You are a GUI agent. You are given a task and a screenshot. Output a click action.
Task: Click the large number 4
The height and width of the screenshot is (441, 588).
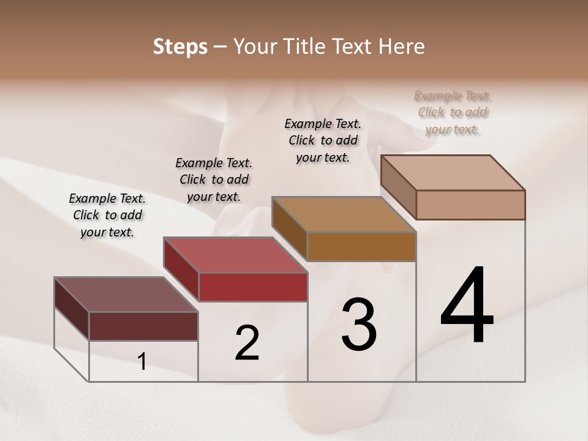pos(467,307)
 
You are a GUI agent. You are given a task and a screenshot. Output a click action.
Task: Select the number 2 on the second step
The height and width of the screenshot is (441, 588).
pos(247,343)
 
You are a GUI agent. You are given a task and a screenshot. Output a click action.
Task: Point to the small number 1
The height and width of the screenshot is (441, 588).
pos(142,361)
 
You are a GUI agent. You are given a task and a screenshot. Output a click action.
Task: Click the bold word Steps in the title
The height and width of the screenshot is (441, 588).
pos(180,47)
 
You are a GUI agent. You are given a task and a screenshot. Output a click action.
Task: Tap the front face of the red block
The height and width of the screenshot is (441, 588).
pos(253,287)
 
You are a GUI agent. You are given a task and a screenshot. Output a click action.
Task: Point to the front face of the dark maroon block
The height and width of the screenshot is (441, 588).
pos(143,326)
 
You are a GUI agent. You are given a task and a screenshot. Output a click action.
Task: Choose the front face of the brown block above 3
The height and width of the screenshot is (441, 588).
pos(361,246)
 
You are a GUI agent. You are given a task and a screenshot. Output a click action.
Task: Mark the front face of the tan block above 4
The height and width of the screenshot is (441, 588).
pos(470,205)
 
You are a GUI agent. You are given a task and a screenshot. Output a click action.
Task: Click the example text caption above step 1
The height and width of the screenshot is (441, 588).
pos(107,215)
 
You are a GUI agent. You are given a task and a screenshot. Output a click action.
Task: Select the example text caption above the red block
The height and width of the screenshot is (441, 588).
pos(214,179)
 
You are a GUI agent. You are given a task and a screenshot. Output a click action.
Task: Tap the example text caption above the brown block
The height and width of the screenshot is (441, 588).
pos(323,140)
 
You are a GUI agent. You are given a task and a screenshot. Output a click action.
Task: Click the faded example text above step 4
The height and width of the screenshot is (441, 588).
pos(452,112)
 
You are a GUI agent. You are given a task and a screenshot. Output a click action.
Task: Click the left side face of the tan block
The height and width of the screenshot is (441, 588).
pos(398,187)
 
